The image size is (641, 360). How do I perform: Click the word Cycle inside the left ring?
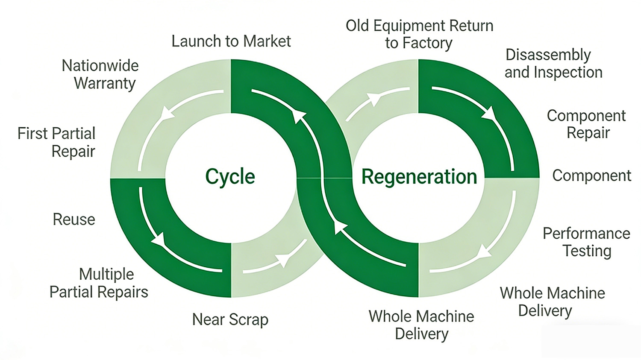(x=230, y=177)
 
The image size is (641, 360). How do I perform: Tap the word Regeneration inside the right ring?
(x=419, y=177)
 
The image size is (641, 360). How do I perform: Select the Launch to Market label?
(x=231, y=41)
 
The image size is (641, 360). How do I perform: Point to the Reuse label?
(x=74, y=220)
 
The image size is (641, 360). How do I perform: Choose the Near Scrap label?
(x=230, y=319)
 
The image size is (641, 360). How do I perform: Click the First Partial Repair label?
(x=56, y=142)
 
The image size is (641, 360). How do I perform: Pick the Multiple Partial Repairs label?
(x=99, y=283)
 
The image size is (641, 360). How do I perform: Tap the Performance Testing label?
(x=586, y=242)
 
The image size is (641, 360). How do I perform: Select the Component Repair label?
(x=586, y=124)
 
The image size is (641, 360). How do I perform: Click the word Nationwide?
(x=100, y=66)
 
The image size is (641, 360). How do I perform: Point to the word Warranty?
(x=105, y=83)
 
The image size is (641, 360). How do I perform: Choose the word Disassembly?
(x=548, y=55)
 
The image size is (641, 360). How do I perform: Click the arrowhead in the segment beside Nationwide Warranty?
(x=167, y=113)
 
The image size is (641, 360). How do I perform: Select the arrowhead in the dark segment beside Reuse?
(x=159, y=240)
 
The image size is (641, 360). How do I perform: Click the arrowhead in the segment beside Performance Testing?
(x=484, y=251)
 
